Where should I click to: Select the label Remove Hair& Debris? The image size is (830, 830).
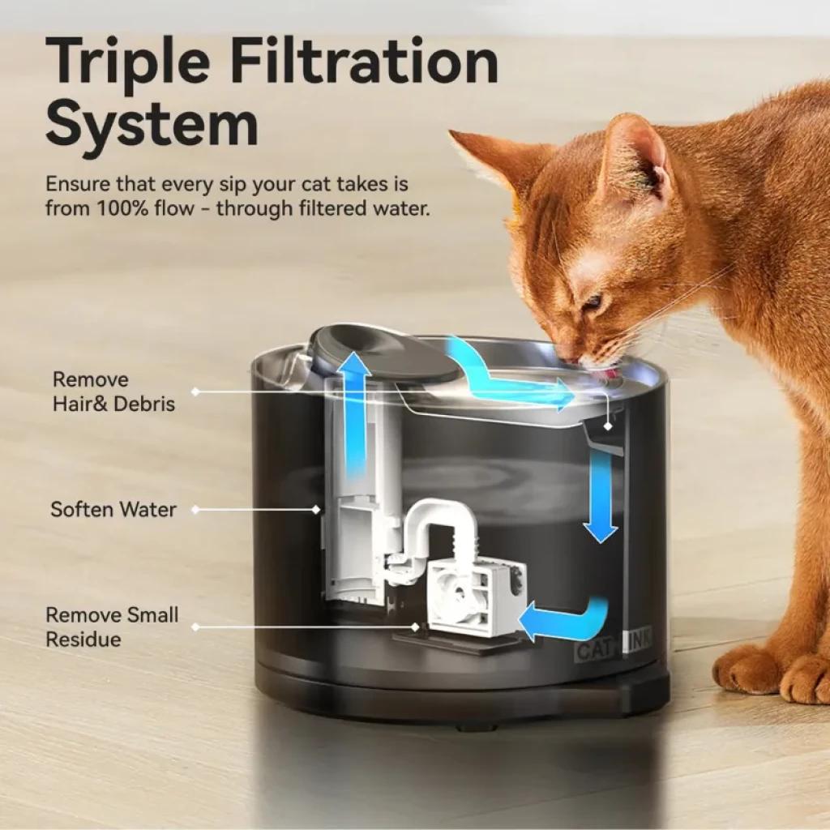(113, 391)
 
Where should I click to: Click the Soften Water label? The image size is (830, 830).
(113, 510)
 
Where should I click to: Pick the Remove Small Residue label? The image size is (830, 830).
(112, 627)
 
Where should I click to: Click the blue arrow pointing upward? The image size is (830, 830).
(354, 413)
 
